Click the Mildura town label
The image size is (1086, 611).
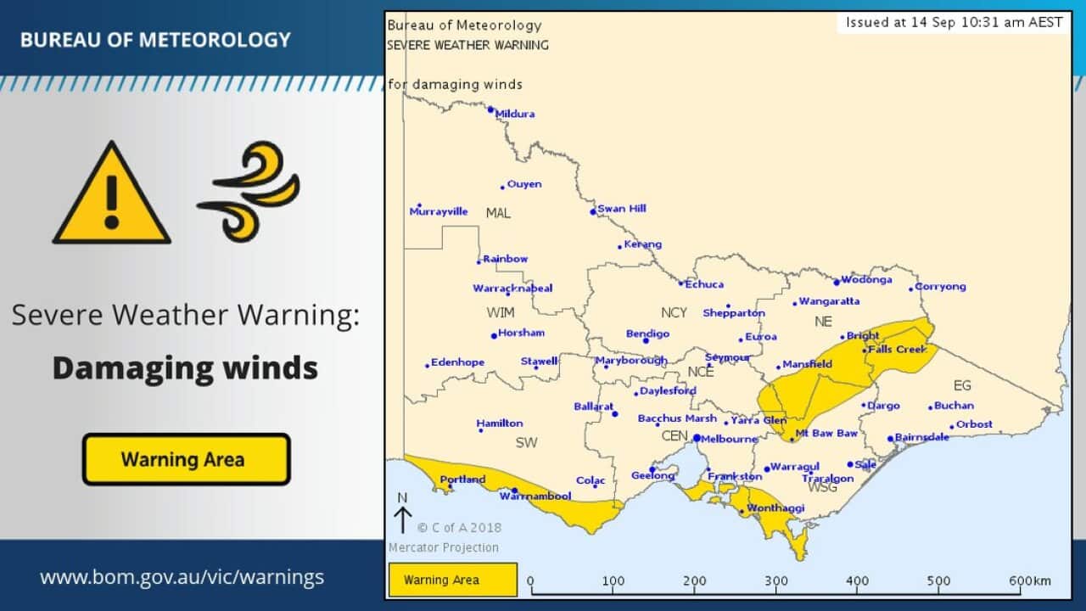[x=515, y=114]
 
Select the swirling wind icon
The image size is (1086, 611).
[x=249, y=191]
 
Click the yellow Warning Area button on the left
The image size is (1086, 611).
[x=186, y=460]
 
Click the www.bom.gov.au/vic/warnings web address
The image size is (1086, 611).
[x=182, y=578]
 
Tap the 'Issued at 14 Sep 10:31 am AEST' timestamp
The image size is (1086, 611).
[x=954, y=23]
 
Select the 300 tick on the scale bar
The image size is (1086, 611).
[x=775, y=582]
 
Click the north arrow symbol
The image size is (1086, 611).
[x=402, y=514]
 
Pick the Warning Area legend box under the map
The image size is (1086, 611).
[x=452, y=580]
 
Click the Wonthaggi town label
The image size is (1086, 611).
[x=775, y=508]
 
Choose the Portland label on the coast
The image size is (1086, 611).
[x=462, y=479]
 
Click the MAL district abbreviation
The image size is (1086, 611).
[x=498, y=213]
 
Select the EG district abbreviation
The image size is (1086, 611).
[x=961, y=385]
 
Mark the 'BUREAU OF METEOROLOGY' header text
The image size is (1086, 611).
[x=155, y=40]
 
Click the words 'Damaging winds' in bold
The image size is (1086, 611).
[x=185, y=368]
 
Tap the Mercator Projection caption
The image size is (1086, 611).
[x=444, y=547]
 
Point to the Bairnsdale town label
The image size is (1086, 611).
[x=923, y=437]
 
